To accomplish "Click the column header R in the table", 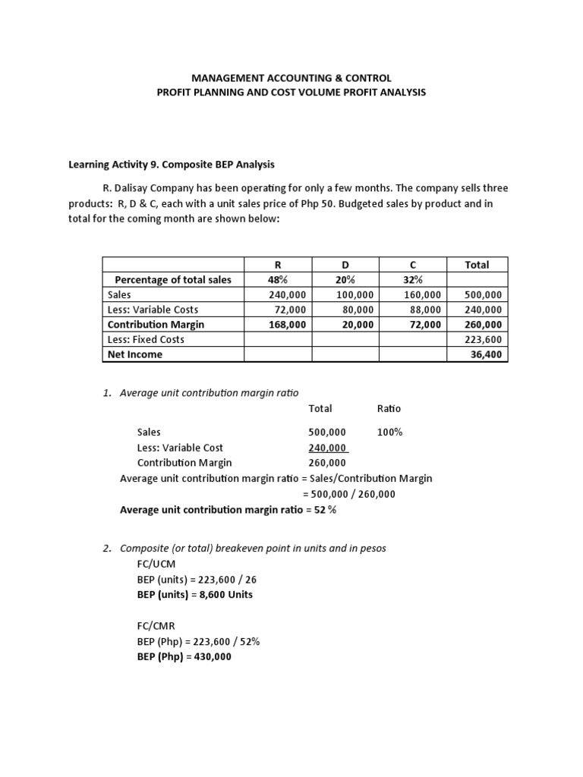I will tap(277, 265).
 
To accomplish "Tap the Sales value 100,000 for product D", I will tap(355, 294).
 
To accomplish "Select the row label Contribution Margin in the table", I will tap(156, 324).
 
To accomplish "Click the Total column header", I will tap(477, 265).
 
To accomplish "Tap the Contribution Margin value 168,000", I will tap(287, 324).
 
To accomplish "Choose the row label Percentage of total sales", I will tap(173, 279).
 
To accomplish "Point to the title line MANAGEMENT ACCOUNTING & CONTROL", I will tap(291, 78).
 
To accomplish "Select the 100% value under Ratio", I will tap(389, 433).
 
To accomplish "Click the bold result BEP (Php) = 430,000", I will tap(184, 657).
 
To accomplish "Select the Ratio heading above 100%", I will tap(389, 408).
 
